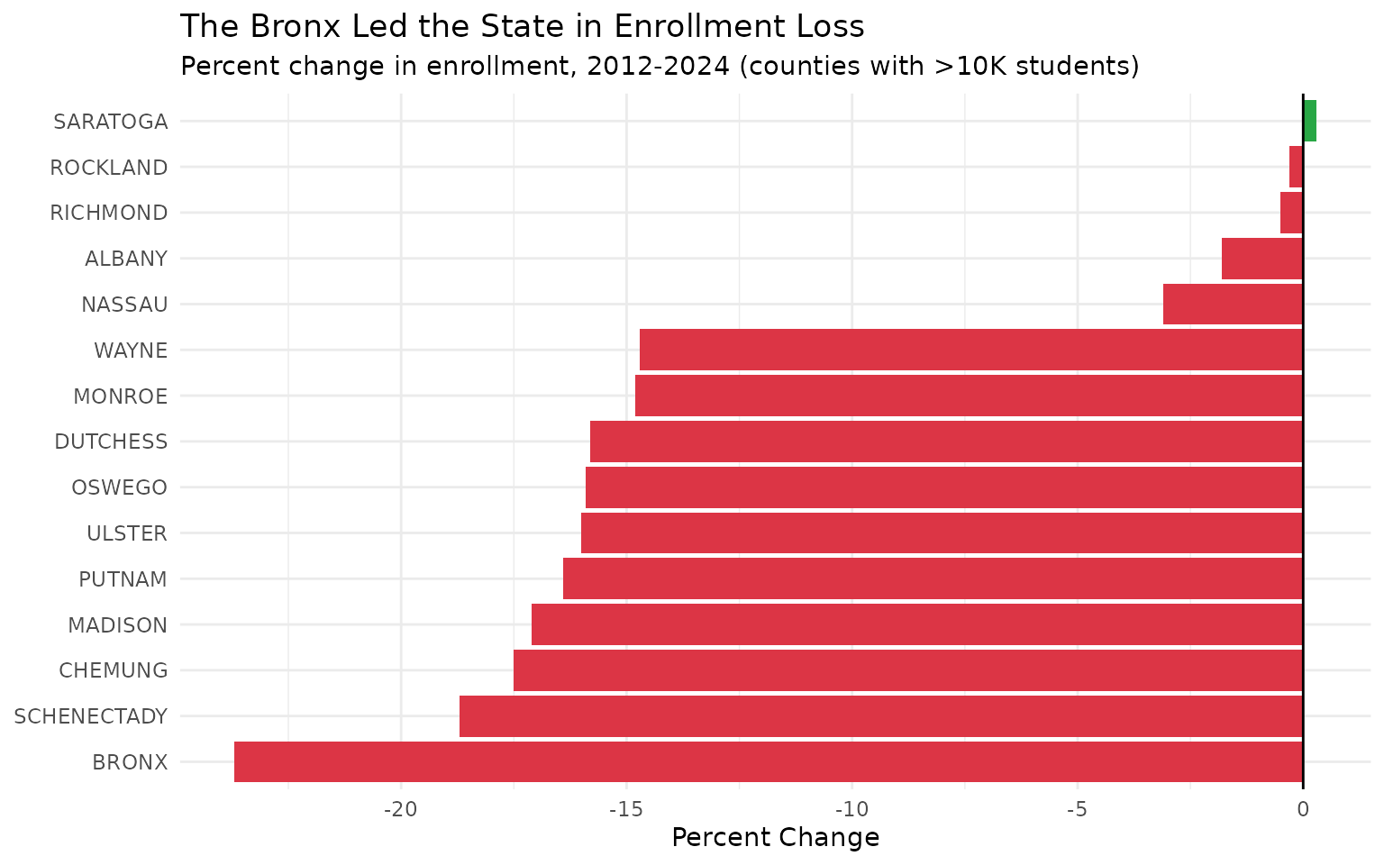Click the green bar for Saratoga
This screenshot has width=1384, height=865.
coord(1309,121)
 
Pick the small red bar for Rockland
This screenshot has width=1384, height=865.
coord(1296,167)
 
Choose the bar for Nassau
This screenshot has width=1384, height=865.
coord(1233,304)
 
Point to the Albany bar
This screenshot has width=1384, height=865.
coord(1261,259)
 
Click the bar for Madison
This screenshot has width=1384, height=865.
coord(916,624)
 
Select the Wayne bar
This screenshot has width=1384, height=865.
coord(970,350)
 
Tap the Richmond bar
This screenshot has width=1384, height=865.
coord(1291,213)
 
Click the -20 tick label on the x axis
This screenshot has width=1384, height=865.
coord(400,809)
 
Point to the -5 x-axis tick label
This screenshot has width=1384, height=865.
coord(1077,809)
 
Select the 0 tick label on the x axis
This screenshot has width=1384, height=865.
coord(1303,809)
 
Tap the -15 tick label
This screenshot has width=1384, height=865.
coord(625,809)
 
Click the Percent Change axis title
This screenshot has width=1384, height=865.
coord(775,838)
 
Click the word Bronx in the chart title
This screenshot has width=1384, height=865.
coord(293,27)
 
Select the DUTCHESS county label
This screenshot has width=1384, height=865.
coord(111,442)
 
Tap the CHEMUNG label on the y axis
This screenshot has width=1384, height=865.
coord(114,670)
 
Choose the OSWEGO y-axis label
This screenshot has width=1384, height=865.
coord(119,487)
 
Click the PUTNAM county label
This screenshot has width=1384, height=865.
coord(123,579)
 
